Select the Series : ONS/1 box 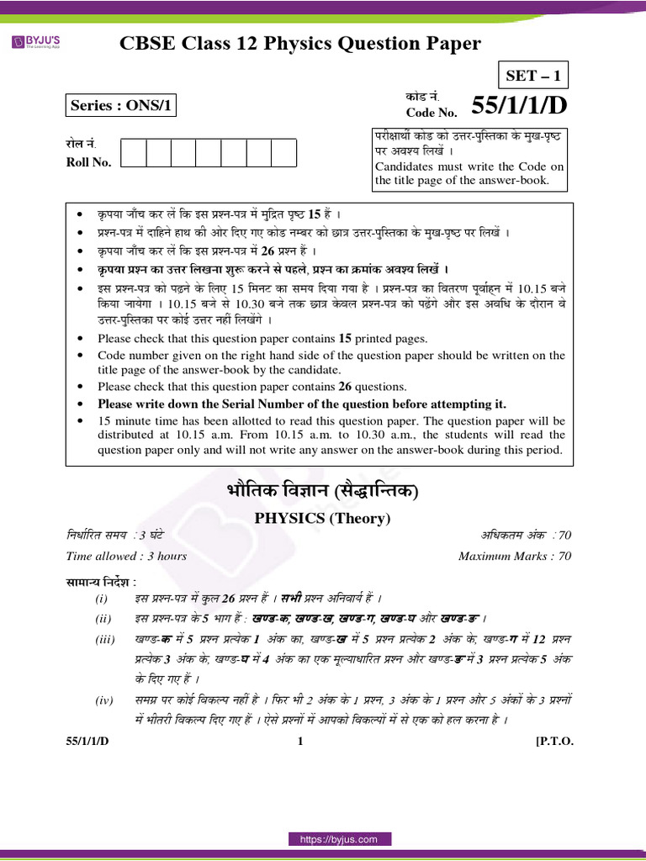tap(122, 105)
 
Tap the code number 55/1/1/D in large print tap(516, 106)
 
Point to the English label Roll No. tap(88, 162)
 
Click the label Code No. tap(432, 112)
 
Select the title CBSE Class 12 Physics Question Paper tap(301, 44)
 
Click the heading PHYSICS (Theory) tap(323, 519)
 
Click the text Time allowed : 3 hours tap(126, 556)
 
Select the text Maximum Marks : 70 tap(515, 556)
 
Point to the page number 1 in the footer tap(300, 741)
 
